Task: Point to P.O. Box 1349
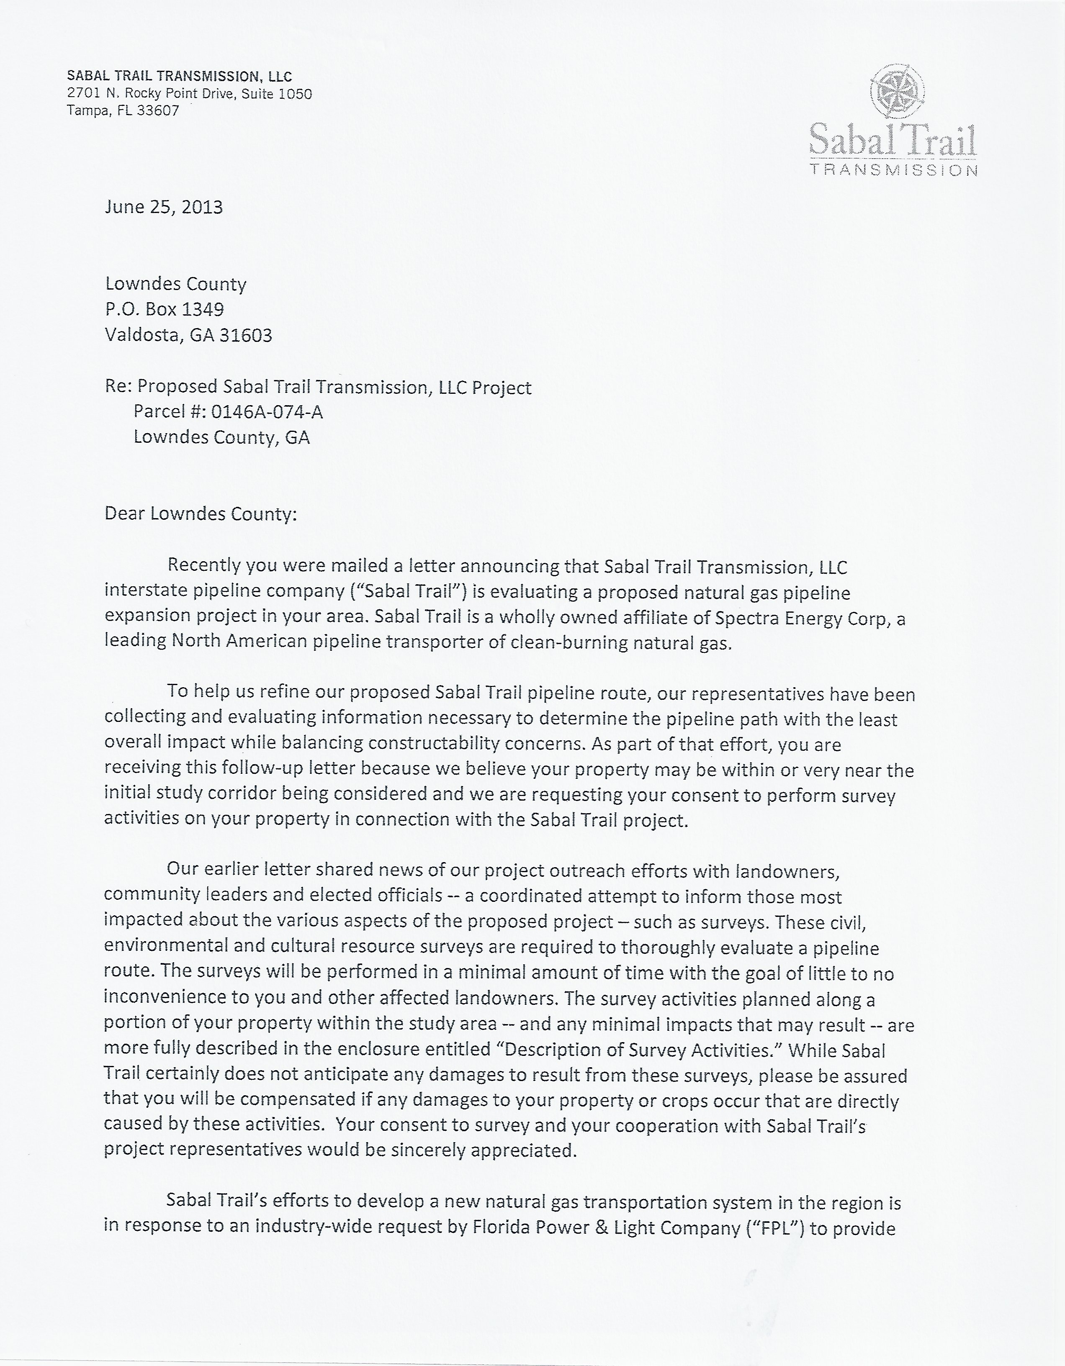[165, 309]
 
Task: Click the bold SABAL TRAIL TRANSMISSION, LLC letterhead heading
[180, 76]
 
